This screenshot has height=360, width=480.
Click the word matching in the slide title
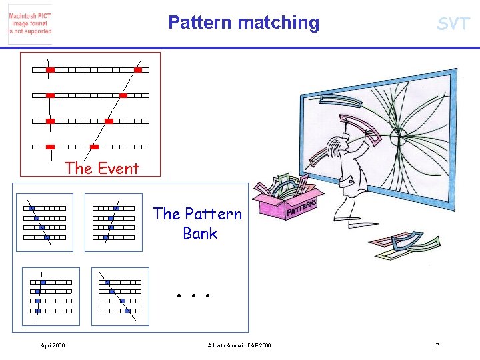coord(278,23)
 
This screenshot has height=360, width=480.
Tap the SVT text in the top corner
coord(453,25)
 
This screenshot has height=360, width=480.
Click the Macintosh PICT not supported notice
coord(30,23)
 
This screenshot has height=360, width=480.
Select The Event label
coord(101,169)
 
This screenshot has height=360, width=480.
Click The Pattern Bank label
coord(198,223)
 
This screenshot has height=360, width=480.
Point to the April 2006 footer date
coord(53,345)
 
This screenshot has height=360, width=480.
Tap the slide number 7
coord(437,345)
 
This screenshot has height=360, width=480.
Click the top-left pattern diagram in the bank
coord(45,222)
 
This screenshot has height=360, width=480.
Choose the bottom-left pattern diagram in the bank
coord(51,296)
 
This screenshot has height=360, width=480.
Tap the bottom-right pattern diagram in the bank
coord(120,296)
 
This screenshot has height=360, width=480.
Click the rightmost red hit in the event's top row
coord(138,69)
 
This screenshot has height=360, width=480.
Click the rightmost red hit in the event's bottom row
coord(94,147)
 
